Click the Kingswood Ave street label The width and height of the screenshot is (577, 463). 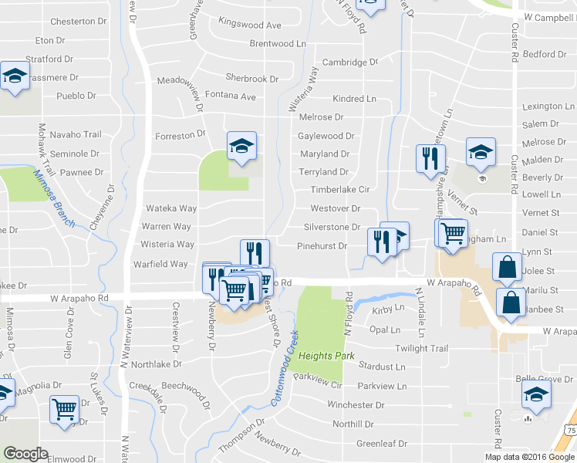(x=250, y=24)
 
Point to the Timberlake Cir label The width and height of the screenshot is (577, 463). (x=341, y=189)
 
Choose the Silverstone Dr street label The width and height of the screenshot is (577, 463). (x=332, y=227)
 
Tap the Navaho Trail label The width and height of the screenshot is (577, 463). (x=76, y=134)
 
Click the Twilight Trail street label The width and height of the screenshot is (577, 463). (x=421, y=349)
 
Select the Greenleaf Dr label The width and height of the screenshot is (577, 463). (x=381, y=444)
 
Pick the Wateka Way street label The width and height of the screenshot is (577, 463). (x=171, y=208)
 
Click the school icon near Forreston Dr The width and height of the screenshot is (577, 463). (x=241, y=145)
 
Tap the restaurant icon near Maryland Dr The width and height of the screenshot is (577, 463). (x=428, y=157)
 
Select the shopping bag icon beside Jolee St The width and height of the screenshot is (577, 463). (x=508, y=268)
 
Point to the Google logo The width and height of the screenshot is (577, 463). (x=25, y=454)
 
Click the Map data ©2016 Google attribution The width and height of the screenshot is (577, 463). (x=529, y=457)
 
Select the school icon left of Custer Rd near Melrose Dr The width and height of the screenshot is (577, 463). (x=481, y=153)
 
